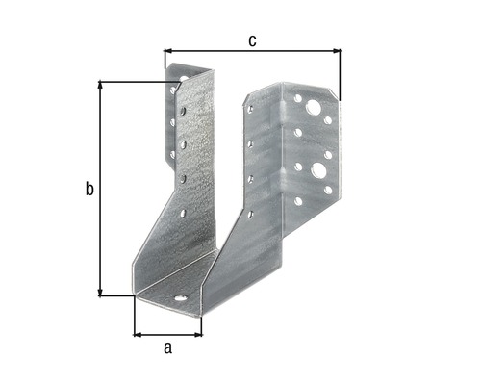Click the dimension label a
167,348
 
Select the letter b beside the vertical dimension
89,189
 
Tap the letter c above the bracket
252,41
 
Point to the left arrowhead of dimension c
167,51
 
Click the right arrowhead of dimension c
337,51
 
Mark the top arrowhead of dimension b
100,85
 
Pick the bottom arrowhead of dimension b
100,293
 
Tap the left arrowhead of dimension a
138,335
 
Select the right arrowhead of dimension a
198,335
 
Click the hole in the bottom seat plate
181,298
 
